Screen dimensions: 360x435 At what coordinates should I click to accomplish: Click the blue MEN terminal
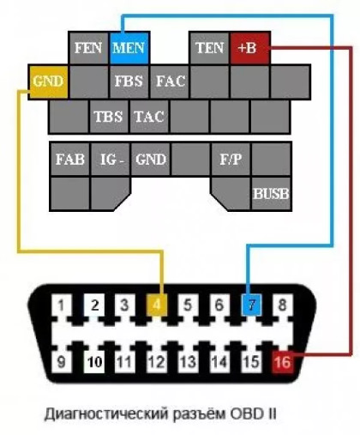tap(129, 48)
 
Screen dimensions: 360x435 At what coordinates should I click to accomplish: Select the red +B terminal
tap(249, 48)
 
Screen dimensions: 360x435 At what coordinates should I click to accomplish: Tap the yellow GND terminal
tap(49, 82)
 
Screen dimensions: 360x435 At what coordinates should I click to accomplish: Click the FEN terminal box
tap(88, 48)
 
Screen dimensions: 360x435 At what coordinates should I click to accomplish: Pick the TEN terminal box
tap(209, 48)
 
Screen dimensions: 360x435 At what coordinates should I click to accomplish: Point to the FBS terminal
tap(129, 82)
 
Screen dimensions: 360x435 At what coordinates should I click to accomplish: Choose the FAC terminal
tap(170, 82)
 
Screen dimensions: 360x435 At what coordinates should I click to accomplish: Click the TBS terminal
tap(109, 117)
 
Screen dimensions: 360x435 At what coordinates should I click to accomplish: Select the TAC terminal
tap(149, 117)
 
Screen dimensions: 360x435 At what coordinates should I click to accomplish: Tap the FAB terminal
tap(70, 159)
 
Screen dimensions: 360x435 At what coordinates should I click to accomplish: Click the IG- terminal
tap(111, 159)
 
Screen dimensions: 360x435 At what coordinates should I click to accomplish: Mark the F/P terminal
tap(231, 159)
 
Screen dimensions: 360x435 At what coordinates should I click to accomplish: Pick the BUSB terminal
tap(271, 194)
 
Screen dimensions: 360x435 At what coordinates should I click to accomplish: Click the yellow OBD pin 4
tap(157, 305)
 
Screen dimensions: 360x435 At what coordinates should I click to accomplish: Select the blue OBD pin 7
tap(251, 305)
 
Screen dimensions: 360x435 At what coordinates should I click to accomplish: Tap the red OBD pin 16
tap(282, 362)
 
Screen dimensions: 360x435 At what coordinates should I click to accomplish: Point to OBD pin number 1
tap(61, 305)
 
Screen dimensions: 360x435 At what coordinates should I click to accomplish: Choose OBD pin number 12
tap(157, 362)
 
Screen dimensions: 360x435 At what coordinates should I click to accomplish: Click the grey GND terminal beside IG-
tap(151, 159)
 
